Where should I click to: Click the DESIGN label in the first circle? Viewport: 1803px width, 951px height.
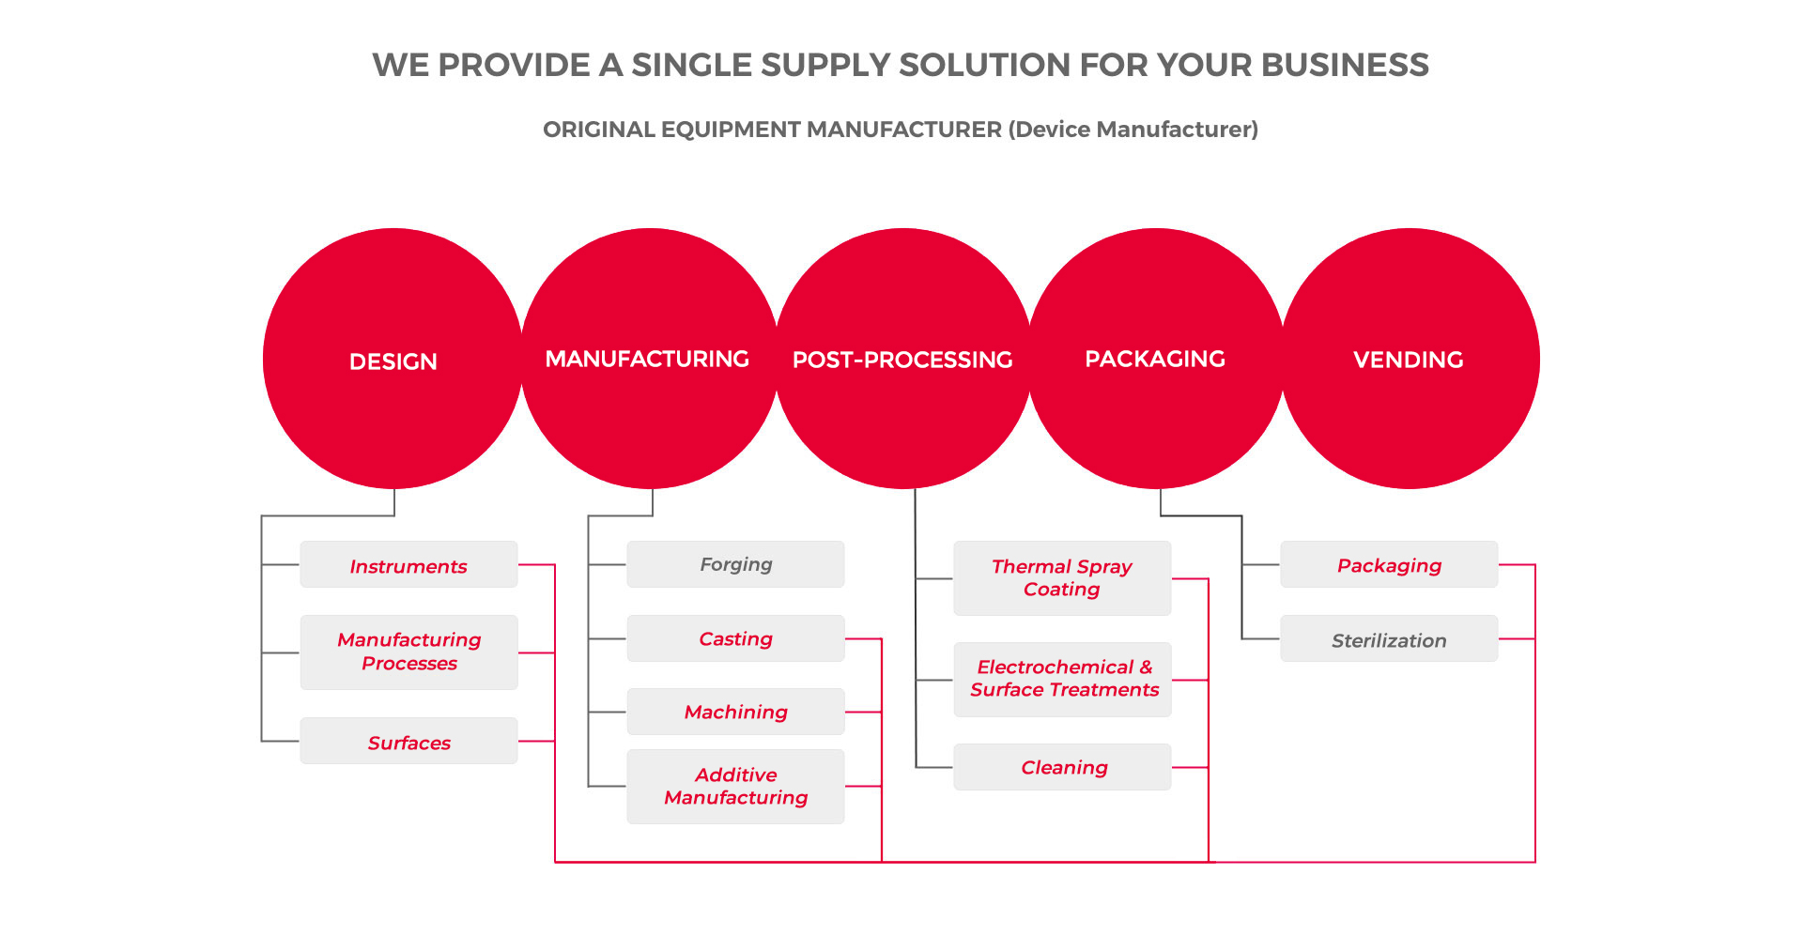tap(393, 361)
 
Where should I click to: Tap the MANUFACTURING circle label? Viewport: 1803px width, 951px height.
tap(647, 359)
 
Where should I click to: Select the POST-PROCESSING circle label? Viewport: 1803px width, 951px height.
tap(902, 360)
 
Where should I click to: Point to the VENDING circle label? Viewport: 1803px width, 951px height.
tap(1408, 360)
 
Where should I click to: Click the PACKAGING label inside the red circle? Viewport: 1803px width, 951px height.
tap(1155, 359)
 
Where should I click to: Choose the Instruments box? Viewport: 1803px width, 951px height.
tap(408, 564)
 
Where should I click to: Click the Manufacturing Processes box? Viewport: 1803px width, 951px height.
tap(408, 652)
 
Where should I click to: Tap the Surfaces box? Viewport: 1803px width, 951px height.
tap(408, 741)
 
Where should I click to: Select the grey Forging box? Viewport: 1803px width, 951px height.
tap(735, 564)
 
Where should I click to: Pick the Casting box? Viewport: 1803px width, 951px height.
tap(735, 638)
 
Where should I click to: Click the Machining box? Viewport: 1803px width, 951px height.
tap(735, 712)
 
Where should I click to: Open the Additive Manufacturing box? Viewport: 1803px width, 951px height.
tap(735, 787)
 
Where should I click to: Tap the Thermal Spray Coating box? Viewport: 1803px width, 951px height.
tap(1062, 578)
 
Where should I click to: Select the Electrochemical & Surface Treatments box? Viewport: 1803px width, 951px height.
tap(1062, 680)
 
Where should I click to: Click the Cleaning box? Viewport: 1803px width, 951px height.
tap(1062, 767)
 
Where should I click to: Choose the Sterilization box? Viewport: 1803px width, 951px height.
tap(1389, 638)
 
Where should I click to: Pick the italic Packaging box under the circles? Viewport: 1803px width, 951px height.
tap(1389, 564)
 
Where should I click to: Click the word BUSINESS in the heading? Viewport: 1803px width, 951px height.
tap(1345, 65)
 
